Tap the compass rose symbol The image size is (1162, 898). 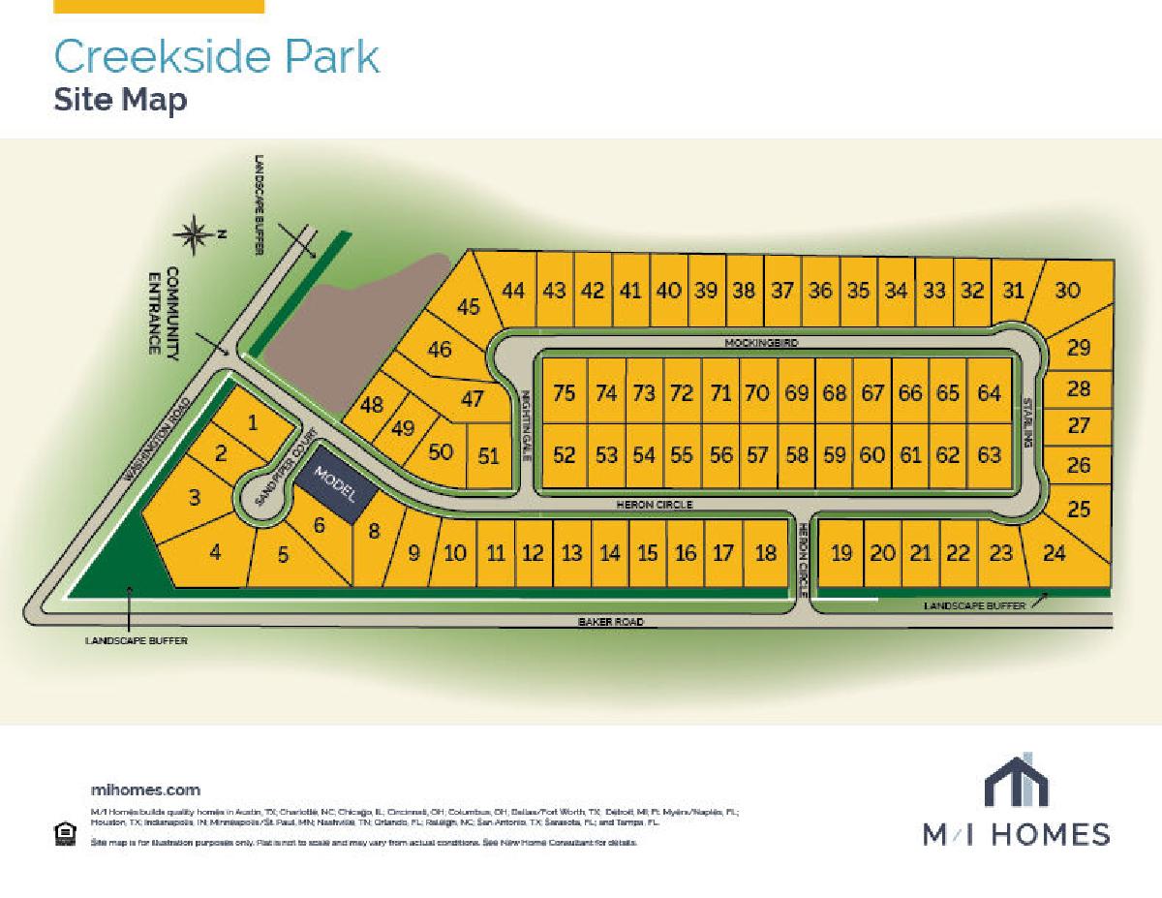click(195, 232)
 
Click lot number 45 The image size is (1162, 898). click(469, 307)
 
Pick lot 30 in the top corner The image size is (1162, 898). click(1067, 290)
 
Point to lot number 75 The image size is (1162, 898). click(564, 392)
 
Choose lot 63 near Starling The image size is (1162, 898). click(989, 454)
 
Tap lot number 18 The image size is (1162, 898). click(765, 553)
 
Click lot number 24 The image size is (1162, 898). click(1055, 553)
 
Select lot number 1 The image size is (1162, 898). click(253, 421)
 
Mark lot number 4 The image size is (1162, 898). click(215, 553)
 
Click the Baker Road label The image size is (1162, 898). click(611, 622)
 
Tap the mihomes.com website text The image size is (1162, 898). click(145, 790)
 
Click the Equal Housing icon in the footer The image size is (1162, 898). click(65, 833)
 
